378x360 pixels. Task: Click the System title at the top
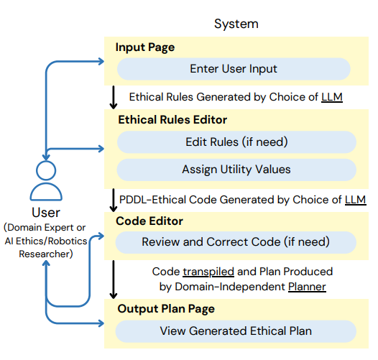(236, 24)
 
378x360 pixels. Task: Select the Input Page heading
(144, 47)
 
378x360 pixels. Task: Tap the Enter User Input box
(234, 69)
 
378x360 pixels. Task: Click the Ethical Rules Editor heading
(172, 120)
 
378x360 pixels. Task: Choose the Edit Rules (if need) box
(236, 142)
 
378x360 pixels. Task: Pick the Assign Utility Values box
(236, 170)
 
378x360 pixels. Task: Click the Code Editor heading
(149, 221)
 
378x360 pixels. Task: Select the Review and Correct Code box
(236, 242)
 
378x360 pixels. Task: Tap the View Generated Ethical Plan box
(236, 331)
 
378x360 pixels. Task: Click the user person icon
(45, 183)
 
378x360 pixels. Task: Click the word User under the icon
(45, 213)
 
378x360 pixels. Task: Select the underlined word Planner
(307, 287)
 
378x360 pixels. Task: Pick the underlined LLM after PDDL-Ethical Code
(355, 198)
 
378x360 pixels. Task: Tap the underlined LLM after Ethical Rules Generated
(331, 96)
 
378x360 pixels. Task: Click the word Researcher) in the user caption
(45, 253)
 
